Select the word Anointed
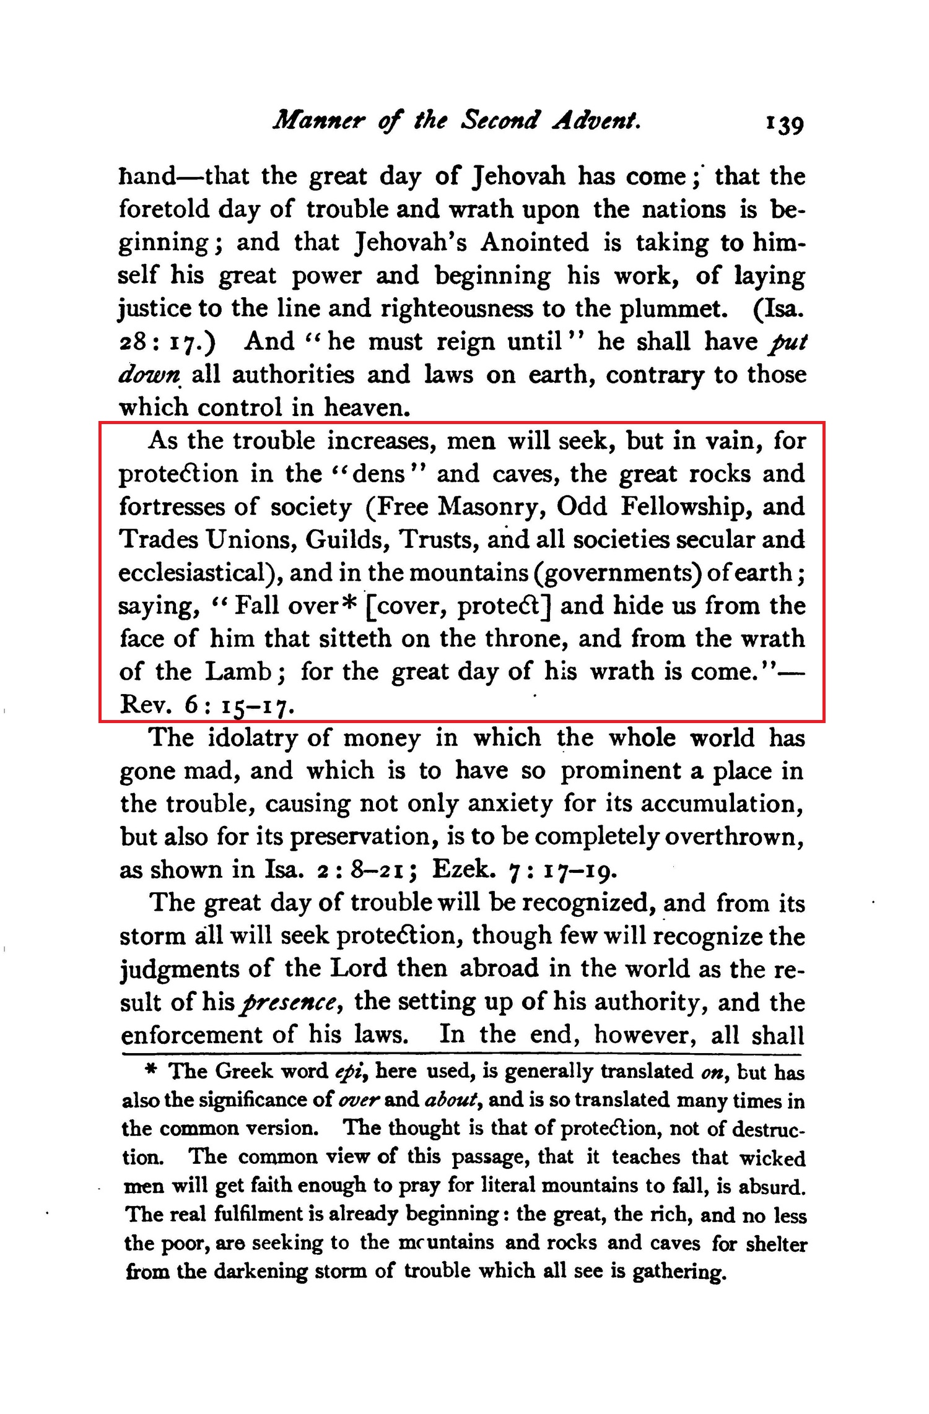534,242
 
